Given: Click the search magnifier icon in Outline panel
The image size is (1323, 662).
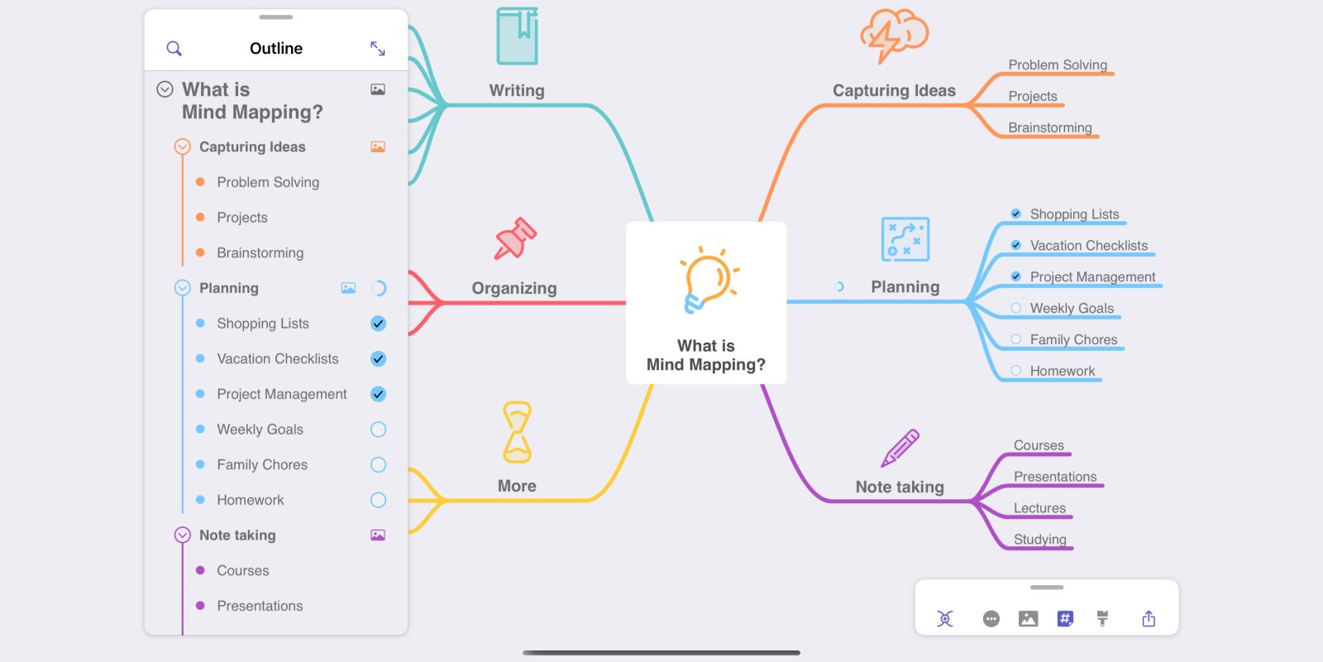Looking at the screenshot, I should [x=174, y=49].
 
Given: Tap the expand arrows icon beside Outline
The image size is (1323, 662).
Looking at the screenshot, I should [x=378, y=49].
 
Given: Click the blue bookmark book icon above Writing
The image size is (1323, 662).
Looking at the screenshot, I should [x=518, y=36].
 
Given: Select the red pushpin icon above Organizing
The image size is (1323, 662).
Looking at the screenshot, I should [x=515, y=239].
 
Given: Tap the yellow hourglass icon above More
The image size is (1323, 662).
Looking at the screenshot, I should [x=518, y=432].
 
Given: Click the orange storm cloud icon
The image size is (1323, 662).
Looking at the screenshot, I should [x=894, y=35].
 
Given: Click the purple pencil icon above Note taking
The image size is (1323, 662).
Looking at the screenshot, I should [x=900, y=448].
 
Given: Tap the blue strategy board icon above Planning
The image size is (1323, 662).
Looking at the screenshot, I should [x=905, y=239].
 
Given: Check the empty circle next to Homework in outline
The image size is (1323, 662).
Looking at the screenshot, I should [x=378, y=500].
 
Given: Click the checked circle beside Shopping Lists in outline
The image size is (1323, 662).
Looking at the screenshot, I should [x=378, y=324].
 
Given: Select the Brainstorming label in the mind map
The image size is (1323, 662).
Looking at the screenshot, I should [x=1049, y=127].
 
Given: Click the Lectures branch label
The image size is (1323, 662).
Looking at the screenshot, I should [x=1039, y=508].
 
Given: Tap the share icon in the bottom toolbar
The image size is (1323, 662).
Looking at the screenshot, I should [x=1149, y=619].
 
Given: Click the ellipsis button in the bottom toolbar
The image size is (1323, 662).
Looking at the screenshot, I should [x=991, y=619].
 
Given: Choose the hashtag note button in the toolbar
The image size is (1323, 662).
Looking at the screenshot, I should [x=1065, y=619].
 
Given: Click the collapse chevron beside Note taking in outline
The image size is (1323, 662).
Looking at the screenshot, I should [x=183, y=535].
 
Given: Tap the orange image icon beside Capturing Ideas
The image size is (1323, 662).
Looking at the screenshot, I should [x=378, y=147].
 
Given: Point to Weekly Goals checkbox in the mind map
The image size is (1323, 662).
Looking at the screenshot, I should [x=1016, y=308].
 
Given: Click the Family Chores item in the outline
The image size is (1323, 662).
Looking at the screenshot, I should [x=262, y=465].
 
